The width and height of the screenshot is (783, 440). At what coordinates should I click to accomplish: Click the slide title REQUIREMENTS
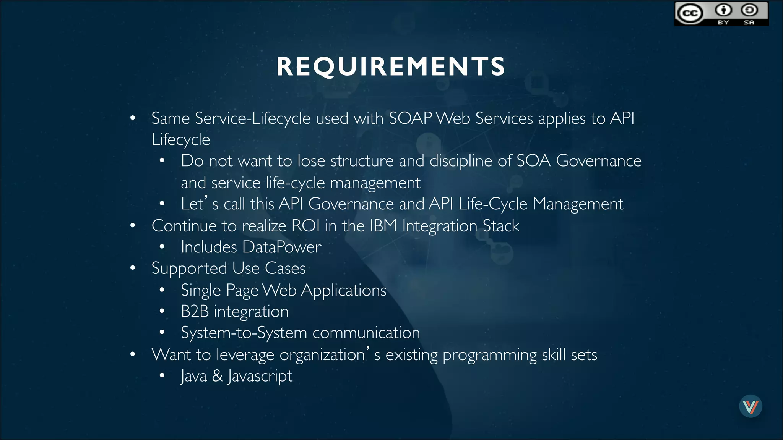coord(391,66)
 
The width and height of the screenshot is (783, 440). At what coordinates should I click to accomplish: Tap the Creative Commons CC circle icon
coord(690,14)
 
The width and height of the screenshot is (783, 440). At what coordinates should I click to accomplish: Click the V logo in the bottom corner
coord(751,406)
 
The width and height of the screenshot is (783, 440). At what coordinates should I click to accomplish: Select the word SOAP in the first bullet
coord(410,118)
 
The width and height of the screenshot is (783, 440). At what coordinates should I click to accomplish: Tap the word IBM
coord(383,226)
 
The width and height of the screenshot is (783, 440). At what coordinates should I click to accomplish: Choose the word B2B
coord(195,311)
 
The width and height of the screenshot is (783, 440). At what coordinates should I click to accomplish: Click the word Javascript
coord(260,376)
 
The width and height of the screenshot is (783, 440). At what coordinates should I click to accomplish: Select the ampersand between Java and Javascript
coord(218,376)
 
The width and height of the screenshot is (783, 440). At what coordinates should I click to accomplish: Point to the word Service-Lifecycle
coord(252,118)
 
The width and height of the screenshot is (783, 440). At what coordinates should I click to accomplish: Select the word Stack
coord(501,226)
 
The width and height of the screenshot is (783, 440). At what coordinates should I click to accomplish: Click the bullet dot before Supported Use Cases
coord(133,268)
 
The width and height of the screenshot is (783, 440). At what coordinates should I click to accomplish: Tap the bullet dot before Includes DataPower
coord(162,247)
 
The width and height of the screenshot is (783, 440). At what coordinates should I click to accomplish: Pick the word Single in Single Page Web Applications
coord(201,291)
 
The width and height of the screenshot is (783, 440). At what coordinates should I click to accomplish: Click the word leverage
coord(245,355)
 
